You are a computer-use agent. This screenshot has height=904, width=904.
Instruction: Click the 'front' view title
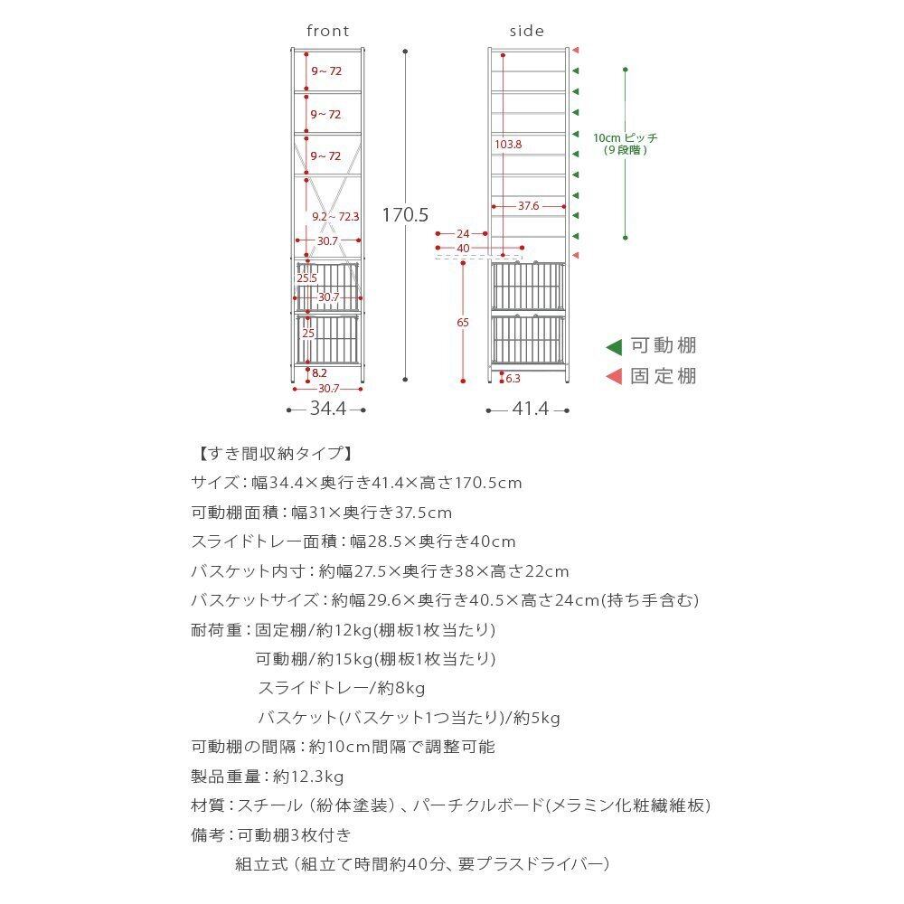point(327,32)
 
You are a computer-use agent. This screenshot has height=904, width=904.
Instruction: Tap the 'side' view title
point(527,32)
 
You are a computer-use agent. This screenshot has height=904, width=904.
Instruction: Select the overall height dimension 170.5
point(404,215)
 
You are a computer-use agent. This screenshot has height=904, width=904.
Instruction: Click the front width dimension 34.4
point(327,410)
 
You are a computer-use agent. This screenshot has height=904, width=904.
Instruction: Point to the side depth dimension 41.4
point(530,410)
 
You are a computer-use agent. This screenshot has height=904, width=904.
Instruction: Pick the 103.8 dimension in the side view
point(508,144)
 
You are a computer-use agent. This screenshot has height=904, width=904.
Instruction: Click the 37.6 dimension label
point(529,206)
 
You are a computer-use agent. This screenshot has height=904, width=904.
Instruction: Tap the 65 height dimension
point(463,322)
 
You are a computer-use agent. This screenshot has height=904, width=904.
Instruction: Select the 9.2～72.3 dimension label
point(335,217)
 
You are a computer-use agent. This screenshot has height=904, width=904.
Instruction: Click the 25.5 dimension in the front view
point(307,278)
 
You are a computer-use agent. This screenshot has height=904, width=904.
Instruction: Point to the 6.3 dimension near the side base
point(513,379)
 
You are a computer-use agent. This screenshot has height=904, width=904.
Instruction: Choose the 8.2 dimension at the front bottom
point(319,372)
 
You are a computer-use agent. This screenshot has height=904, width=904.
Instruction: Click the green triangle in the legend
point(614,346)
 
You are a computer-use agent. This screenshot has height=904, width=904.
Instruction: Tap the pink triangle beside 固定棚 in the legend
point(614,377)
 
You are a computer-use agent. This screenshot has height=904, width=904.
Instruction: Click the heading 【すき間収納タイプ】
point(272,454)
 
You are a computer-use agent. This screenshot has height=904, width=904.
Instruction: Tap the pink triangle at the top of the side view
point(575,51)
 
